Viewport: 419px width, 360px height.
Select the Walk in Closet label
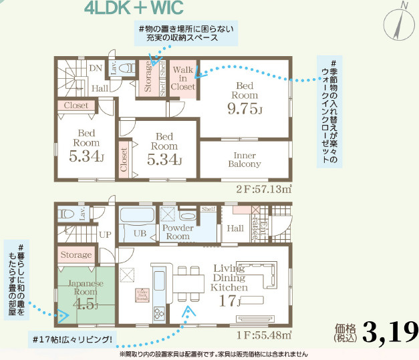click(183, 78)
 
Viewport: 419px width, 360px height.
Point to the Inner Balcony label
click(245, 159)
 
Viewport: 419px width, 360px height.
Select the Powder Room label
click(178, 232)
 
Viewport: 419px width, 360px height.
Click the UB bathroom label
click(140, 233)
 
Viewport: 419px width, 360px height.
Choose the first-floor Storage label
click(76, 255)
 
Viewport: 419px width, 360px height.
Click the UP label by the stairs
click(106, 235)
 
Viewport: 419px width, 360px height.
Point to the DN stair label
click(96, 68)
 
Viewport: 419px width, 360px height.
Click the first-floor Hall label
click(235, 228)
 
